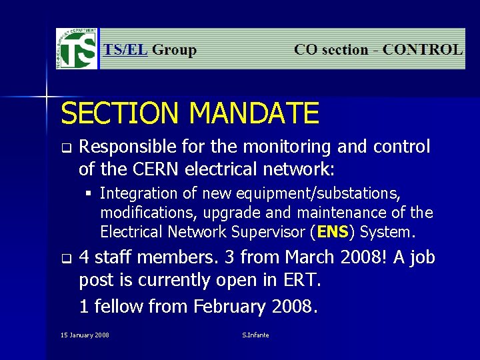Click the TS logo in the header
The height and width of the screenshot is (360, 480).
pos(77,49)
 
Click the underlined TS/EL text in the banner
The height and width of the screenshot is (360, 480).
pos(125,50)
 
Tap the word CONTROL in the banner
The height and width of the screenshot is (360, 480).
pos(423,50)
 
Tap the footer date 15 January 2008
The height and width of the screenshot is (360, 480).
pos(85,335)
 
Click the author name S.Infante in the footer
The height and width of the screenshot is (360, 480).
pos(255,335)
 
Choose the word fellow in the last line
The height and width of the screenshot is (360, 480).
pos(119,307)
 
